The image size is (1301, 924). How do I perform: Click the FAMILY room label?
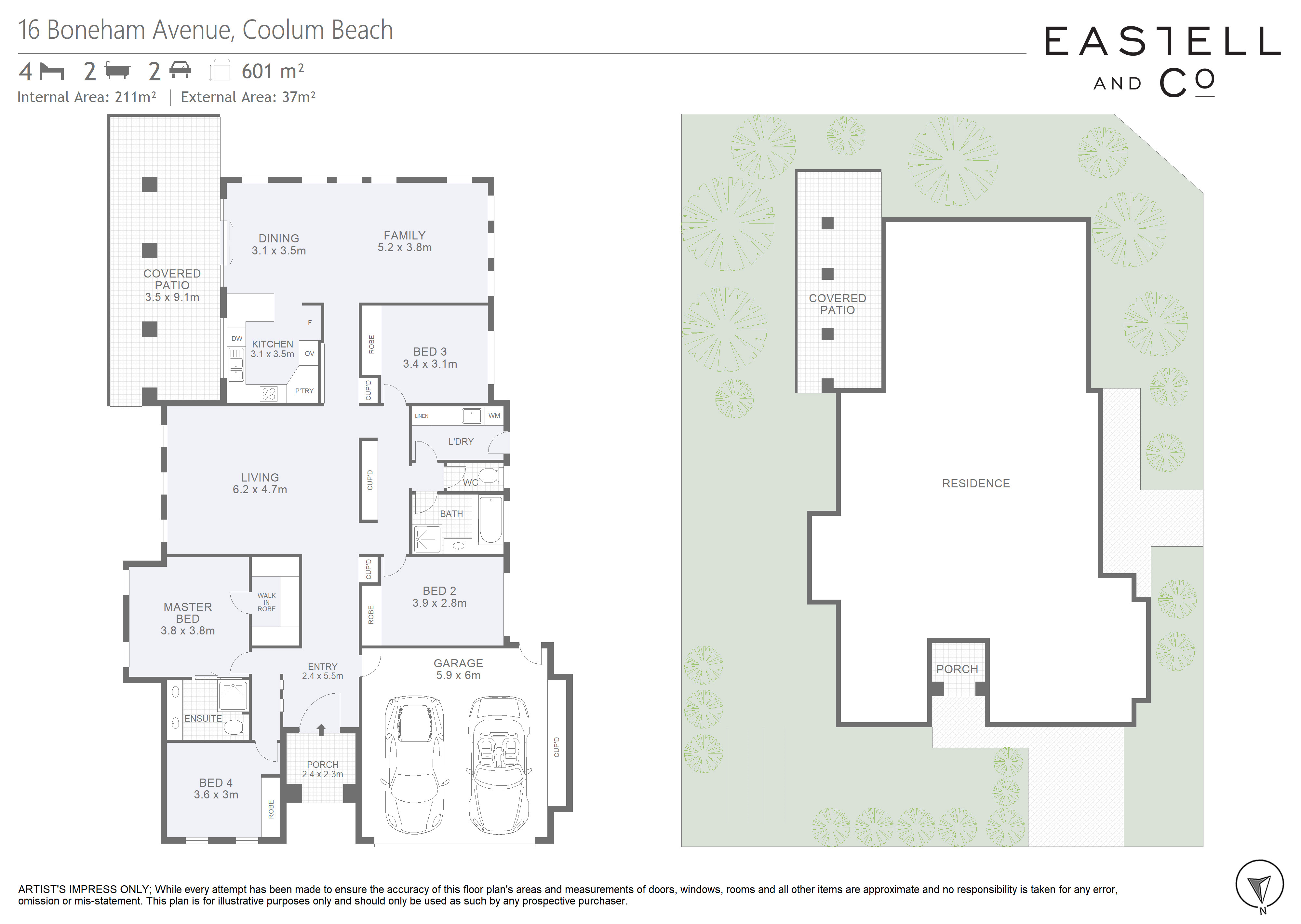[x=404, y=236]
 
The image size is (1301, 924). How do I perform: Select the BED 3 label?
[x=430, y=352]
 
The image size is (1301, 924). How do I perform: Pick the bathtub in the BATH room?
[x=490, y=520]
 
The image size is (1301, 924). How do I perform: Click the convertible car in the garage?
[x=499, y=764]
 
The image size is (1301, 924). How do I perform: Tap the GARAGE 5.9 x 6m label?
[x=458, y=670]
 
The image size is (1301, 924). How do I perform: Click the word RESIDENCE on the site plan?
[x=976, y=483]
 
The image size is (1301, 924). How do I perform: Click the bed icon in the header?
[x=52, y=72]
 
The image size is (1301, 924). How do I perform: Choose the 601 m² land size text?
[x=273, y=71]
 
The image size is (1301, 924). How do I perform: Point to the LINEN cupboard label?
[x=421, y=416]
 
